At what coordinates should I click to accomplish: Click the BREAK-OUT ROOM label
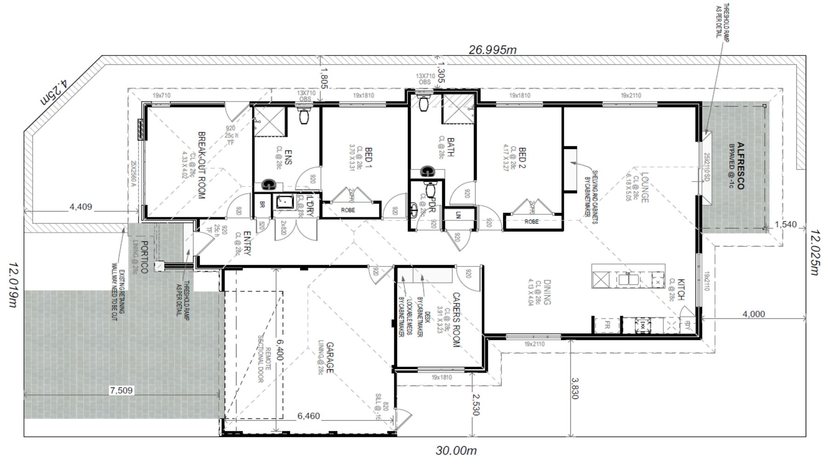pyautogui.click(x=201, y=165)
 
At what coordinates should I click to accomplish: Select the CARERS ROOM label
pyautogui.click(x=456, y=320)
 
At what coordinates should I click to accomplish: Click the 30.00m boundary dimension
pyautogui.click(x=456, y=450)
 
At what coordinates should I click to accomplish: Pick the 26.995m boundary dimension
pyautogui.click(x=492, y=50)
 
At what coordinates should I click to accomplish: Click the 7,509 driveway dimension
pyautogui.click(x=121, y=391)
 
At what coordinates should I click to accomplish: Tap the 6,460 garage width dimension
pyautogui.click(x=308, y=416)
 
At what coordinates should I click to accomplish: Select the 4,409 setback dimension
pyautogui.click(x=80, y=207)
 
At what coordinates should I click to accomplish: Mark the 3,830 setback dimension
pyautogui.click(x=574, y=388)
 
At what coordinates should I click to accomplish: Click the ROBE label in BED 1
pyautogui.click(x=348, y=210)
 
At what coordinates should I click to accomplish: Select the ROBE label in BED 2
pyautogui.click(x=531, y=221)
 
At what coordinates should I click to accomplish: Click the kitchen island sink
pyautogui.click(x=627, y=279)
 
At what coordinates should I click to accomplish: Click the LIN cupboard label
pyautogui.click(x=458, y=215)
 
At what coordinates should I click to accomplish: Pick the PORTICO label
pyautogui.click(x=144, y=257)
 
